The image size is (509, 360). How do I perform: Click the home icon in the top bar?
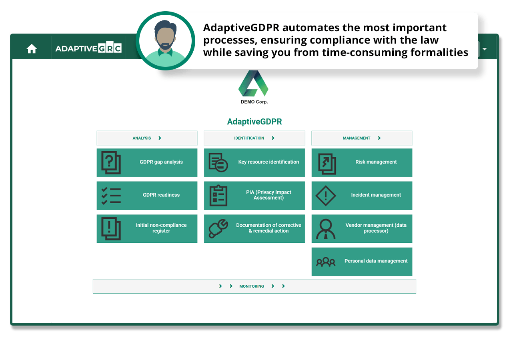coord(32,49)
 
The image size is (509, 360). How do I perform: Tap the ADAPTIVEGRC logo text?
coord(88,48)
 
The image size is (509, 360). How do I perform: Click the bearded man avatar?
coord(165,41)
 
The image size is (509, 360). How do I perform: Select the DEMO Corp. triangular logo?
coord(253,83)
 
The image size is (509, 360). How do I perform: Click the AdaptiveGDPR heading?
coord(254,122)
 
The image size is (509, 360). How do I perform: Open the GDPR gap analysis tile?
coord(147,163)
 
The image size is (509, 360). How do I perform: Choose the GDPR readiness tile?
coord(147,196)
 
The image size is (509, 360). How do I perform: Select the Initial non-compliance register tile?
coord(147,229)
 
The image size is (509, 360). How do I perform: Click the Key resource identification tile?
coord(254,163)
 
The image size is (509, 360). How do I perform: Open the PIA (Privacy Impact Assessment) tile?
coord(254,196)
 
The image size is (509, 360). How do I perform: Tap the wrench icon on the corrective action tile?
coord(218,228)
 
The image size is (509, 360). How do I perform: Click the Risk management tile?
coord(362,163)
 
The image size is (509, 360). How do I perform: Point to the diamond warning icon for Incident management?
coord(326,196)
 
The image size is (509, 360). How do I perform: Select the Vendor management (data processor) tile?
coord(362,229)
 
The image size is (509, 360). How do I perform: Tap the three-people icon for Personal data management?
coord(326,262)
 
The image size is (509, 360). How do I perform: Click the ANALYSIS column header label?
coord(142,138)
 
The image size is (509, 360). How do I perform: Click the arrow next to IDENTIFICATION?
coord(273,138)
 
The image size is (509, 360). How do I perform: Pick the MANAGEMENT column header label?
coord(357,138)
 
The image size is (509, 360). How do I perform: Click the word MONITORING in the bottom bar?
coord(252,286)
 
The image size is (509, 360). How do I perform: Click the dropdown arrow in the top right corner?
coord(485,49)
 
